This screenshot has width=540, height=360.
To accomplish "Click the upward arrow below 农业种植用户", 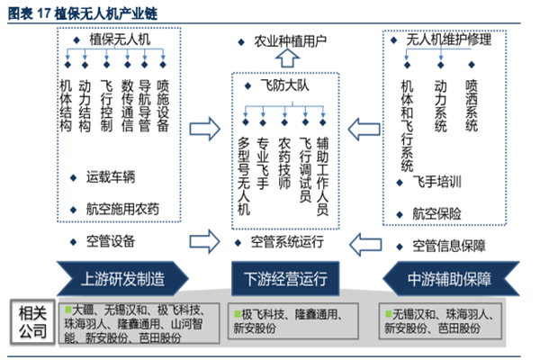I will [x=286, y=60].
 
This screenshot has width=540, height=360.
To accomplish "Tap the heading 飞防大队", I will [x=286, y=83].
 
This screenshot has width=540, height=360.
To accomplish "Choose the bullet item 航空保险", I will [x=437, y=213].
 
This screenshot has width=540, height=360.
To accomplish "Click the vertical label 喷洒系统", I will [x=471, y=106].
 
